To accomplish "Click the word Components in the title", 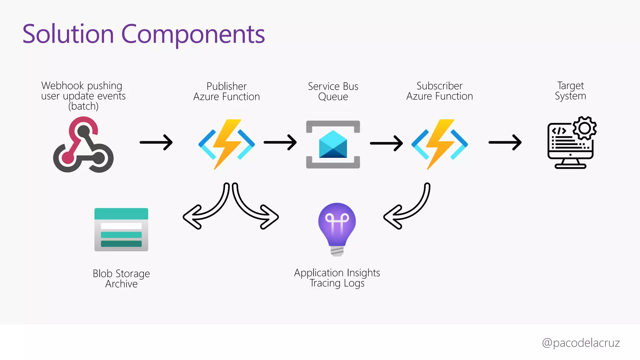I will (x=193, y=34).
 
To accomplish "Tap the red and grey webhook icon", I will (x=83, y=145).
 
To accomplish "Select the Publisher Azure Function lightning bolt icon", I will (x=227, y=144).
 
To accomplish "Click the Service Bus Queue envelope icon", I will (x=333, y=144).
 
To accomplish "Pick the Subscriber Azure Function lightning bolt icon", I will (x=440, y=144).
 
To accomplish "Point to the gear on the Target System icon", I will (x=585, y=128).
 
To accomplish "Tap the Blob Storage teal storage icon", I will (x=121, y=229).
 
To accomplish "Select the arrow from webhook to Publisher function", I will (x=156, y=142).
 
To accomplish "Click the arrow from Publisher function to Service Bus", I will (x=280, y=142).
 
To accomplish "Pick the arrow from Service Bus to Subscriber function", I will (x=387, y=143).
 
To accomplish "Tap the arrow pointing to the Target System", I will (x=505, y=142).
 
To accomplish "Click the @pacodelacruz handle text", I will (x=581, y=343).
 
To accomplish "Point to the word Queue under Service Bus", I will (x=333, y=97).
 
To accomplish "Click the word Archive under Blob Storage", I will (x=121, y=284).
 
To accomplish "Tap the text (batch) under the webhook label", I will (x=83, y=106).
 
